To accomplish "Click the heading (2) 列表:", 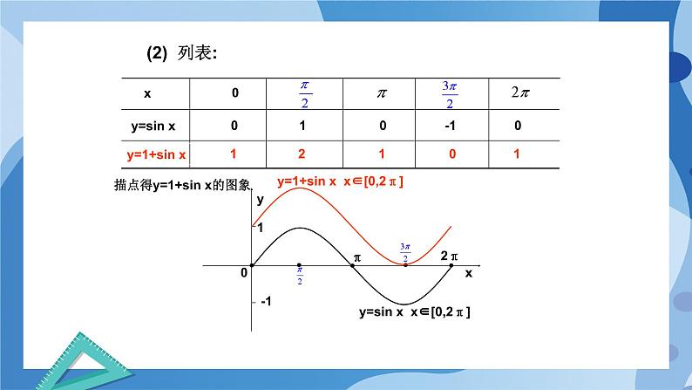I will point(181,53).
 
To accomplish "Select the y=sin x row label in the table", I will point(156,126).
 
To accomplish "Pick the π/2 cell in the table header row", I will point(305,92).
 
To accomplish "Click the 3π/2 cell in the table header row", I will point(450,92).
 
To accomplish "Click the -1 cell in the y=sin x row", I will point(450,126).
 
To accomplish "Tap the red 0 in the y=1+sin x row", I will point(450,154).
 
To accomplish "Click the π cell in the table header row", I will point(380,92).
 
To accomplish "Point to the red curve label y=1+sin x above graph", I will point(341,181).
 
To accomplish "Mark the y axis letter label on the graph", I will point(260,200).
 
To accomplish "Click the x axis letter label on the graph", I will point(468,273).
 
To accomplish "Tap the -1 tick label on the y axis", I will point(265,301).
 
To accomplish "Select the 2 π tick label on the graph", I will point(449,256).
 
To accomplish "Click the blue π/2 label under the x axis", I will point(300,277).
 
